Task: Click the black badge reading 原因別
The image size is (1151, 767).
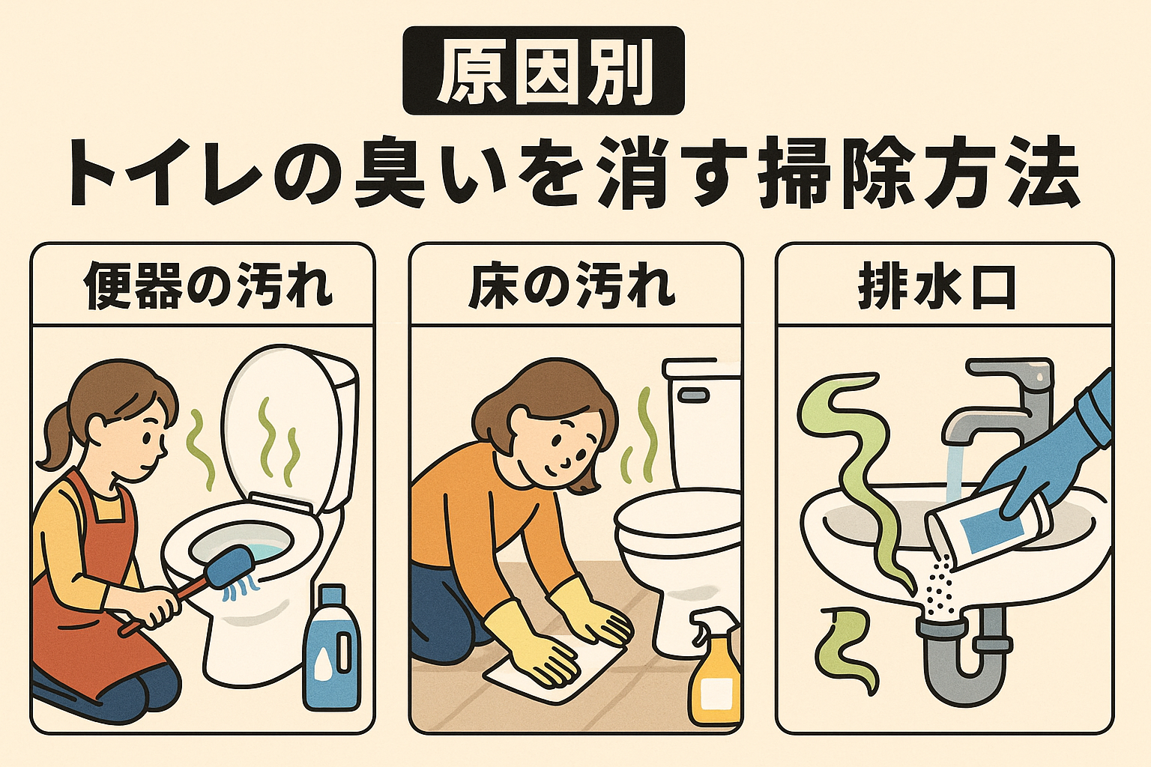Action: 543,71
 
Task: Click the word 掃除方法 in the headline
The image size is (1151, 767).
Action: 919,174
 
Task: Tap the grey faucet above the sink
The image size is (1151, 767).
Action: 997,404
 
